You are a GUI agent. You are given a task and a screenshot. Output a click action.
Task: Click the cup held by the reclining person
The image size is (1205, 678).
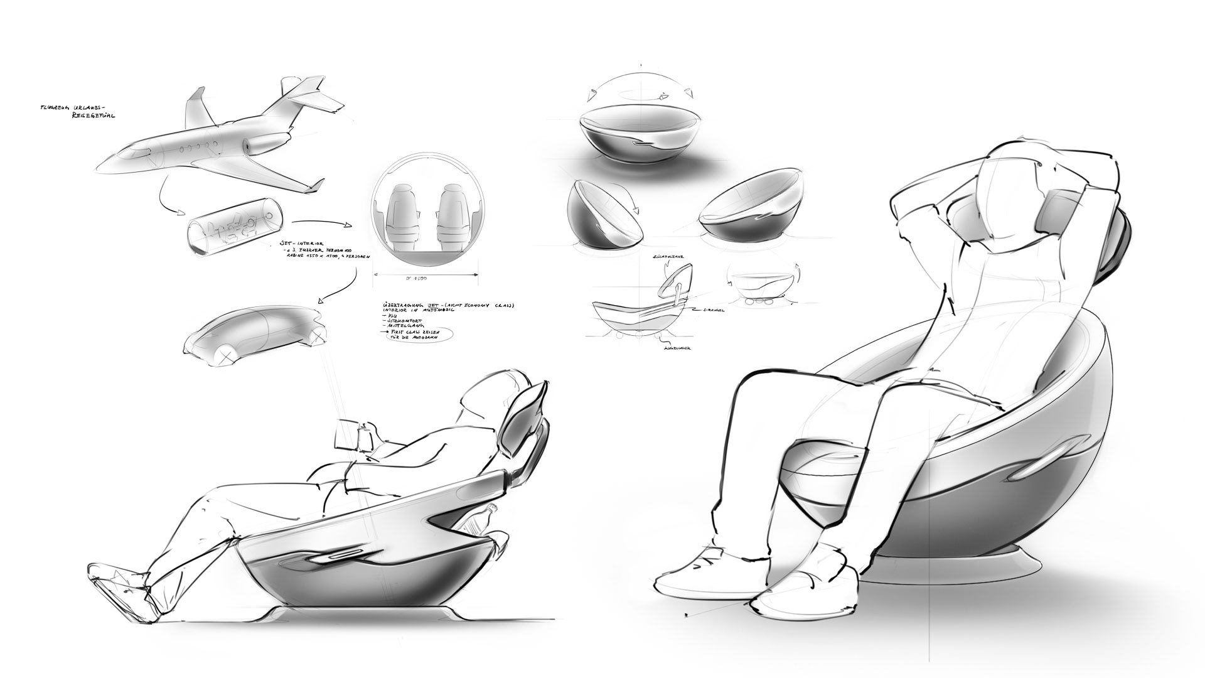(x=363, y=436)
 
